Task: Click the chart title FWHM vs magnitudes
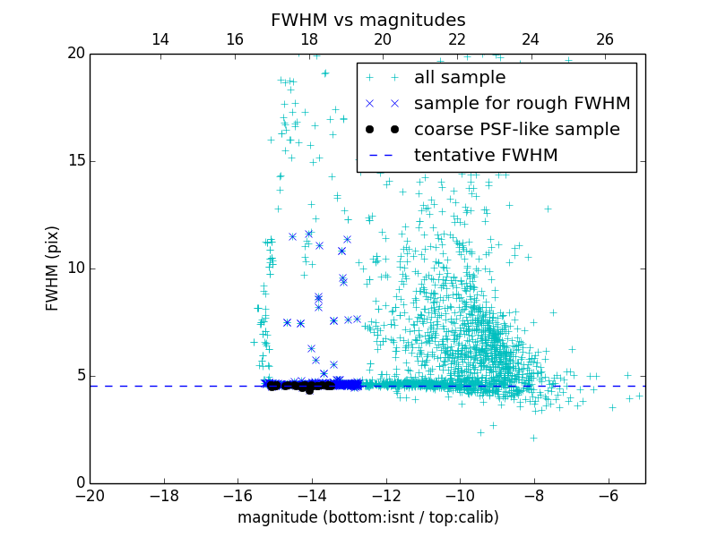(x=367, y=20)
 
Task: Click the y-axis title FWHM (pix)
(x=53, y=268)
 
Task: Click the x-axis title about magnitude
(x=367, y=517)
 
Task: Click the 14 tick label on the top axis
(x=160, y=39)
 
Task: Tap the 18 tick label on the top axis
(x=308, y=39)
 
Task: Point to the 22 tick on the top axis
(x=457, y=39)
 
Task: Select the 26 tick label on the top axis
(x=605, y=39)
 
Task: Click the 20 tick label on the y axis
(x=75, y=54)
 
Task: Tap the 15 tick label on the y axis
(x=75, y=161)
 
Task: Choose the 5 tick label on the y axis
(x=80, y=376)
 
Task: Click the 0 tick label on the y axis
(x=80, y=483)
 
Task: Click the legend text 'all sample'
(x=460, y=78)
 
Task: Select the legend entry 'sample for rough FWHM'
(x=522, y=104)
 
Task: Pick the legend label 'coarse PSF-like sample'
(x=516, y=130)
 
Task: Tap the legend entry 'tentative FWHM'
(x=486, y=156)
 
